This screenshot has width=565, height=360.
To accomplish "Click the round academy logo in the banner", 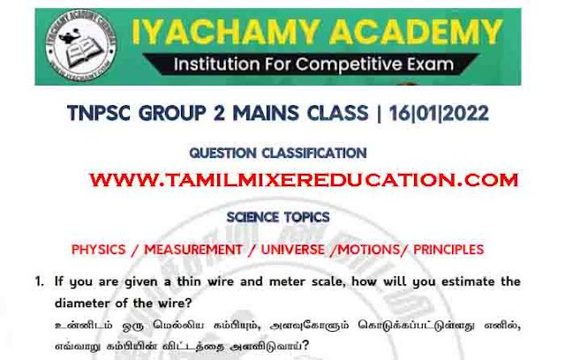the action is (x=81, y=46).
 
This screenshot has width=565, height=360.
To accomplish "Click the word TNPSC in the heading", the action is (x=99, y=113).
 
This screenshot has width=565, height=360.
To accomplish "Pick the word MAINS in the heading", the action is (x=266, y=113).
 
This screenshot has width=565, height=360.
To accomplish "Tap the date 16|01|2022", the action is (x=439, y=113).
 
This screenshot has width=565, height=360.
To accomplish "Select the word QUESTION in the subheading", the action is (x=222, y=153).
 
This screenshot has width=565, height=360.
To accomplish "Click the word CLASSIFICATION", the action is (x=314, y=153).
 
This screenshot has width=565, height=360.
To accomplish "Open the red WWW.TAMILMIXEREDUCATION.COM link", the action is (x=304, y=180).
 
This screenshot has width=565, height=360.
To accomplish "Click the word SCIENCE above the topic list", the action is (x=252, y=217).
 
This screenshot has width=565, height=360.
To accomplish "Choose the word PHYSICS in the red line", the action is (x=98, y=250).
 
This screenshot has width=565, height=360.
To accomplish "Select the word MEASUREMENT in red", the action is (x=193, y=250).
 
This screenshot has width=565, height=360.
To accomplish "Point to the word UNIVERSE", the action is (x=292, y=250).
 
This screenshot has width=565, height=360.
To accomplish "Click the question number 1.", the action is (x=39, y=281).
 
